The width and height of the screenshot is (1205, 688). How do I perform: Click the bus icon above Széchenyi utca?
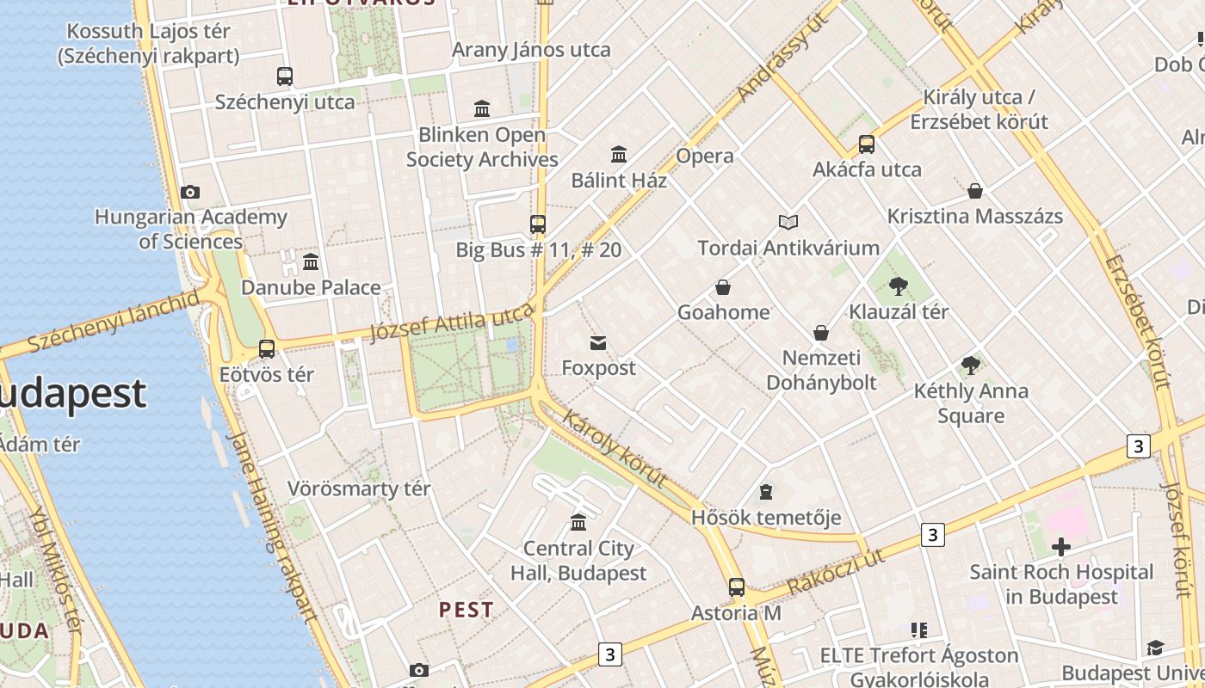coord(285,77)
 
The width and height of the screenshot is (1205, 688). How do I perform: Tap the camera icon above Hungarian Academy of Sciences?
coord(190,193)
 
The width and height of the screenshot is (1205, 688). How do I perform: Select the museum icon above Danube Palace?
coord(311,261)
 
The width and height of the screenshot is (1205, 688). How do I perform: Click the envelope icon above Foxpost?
coord(598,343)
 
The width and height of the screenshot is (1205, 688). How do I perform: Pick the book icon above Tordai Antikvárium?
coord(788,223)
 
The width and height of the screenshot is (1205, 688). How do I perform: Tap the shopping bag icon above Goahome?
coord(723,287)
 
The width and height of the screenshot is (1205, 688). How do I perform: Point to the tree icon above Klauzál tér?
coord(899,286)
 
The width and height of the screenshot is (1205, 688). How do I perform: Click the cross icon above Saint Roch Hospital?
coord(1061,546)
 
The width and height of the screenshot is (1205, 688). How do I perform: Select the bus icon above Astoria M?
coord(737,587)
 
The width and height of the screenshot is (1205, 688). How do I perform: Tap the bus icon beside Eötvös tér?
coord(267,349)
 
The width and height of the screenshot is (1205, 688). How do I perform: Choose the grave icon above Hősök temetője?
coord(765,493)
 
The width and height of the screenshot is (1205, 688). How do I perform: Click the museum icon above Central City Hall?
coord(578,523)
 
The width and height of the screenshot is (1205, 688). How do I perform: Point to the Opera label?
coord(705,156)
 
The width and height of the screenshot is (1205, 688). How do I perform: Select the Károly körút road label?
coord(615,448)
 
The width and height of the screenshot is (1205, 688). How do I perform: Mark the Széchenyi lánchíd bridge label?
coord(113,322)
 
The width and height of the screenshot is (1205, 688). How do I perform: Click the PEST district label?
coord(467,610)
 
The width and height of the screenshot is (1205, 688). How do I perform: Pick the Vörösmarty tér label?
coord(359,488)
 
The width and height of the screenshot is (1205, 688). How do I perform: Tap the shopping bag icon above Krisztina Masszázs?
coord(975,191)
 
